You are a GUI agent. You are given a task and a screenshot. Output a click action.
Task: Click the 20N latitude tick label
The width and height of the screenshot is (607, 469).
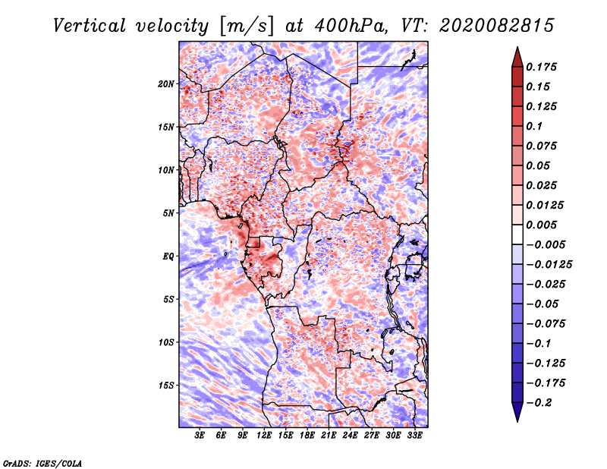tap(166, 83)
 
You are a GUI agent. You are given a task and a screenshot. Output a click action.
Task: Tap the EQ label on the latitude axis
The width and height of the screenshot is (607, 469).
tap(168, 256)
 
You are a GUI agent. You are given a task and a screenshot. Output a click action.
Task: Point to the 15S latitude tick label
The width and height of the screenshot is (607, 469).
tap(166, 385)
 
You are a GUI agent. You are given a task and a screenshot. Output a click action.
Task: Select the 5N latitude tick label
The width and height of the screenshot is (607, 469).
tap(168, 212)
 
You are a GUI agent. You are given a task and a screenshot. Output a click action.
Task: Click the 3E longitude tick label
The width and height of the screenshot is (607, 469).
tap(200, 436)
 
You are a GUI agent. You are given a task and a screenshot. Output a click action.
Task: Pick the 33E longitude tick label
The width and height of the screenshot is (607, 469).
tap(414, 436)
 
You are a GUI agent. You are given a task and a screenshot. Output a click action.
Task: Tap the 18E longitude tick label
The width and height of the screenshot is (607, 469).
tap(307, 436)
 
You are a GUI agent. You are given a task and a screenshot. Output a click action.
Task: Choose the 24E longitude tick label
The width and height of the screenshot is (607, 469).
tap(351, 436)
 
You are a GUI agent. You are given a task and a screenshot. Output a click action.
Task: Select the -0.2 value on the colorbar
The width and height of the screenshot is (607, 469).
tap(542, 403)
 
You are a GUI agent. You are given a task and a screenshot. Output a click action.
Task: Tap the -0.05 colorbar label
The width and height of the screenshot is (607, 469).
tap(545, 304)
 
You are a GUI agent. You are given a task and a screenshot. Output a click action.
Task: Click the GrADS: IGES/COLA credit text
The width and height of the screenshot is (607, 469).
tap(42, 462)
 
